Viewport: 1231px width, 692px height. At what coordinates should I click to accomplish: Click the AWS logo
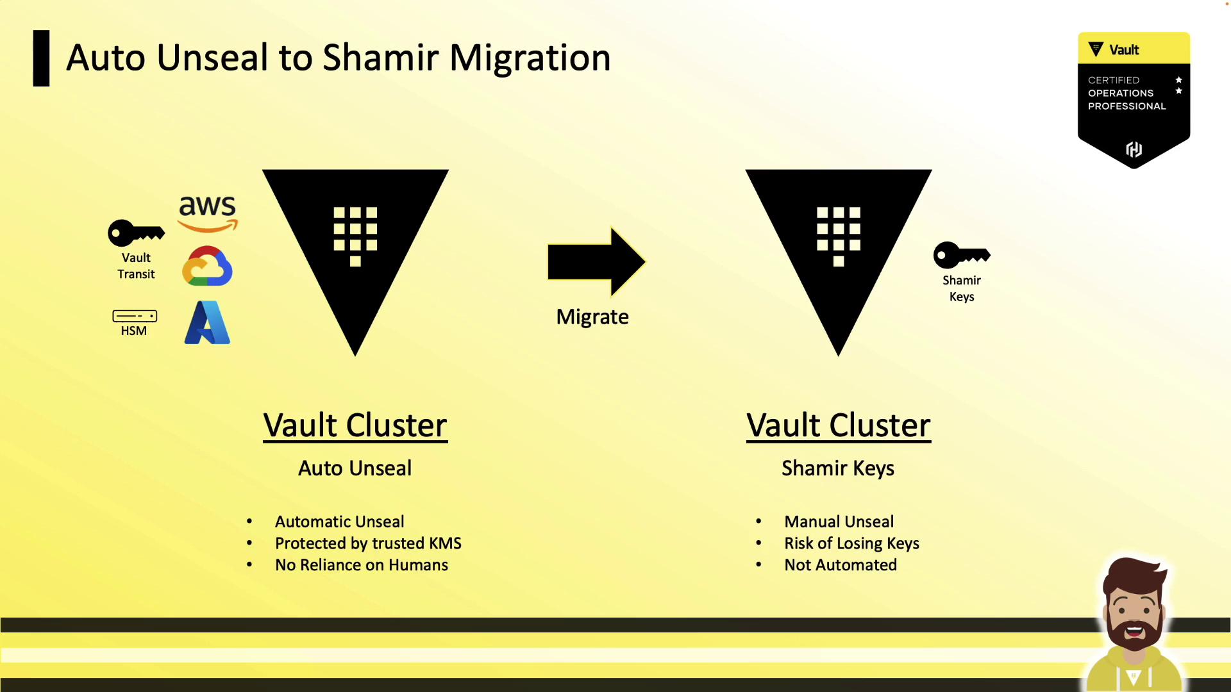point(207,213)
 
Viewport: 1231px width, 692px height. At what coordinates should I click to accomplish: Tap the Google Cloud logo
point(207,266)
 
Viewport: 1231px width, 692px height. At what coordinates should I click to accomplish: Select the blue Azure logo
point(207,322)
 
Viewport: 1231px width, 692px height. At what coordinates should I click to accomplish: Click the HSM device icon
point(135,316)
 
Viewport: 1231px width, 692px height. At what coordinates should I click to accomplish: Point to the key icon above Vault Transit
point(136,233)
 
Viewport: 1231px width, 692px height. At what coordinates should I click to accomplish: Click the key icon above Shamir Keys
point(962,255)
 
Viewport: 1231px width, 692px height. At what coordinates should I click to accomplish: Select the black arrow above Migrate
point(596,261)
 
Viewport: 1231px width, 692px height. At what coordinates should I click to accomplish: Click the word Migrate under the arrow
point(592,317)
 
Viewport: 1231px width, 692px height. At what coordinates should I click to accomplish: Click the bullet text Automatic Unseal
point(340,522)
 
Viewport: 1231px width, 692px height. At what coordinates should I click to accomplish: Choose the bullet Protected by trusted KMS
point(368,543)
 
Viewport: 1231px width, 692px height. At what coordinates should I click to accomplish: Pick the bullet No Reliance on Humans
point(362,565)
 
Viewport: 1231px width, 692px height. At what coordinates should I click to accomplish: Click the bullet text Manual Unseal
point(839,522)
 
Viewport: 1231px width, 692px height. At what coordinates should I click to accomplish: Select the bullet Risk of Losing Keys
point(851,543)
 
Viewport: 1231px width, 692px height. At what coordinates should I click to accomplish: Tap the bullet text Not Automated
point(841,565)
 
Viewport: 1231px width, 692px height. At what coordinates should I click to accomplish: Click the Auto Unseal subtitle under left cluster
point(355,468)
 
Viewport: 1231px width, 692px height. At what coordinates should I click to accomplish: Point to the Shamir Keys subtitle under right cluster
point(838,468)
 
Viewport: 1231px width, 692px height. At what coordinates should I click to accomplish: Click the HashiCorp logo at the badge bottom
point(1134,149)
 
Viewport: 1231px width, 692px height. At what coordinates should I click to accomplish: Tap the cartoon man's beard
point(1134,631)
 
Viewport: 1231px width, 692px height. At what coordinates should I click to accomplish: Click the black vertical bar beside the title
point(42,58)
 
